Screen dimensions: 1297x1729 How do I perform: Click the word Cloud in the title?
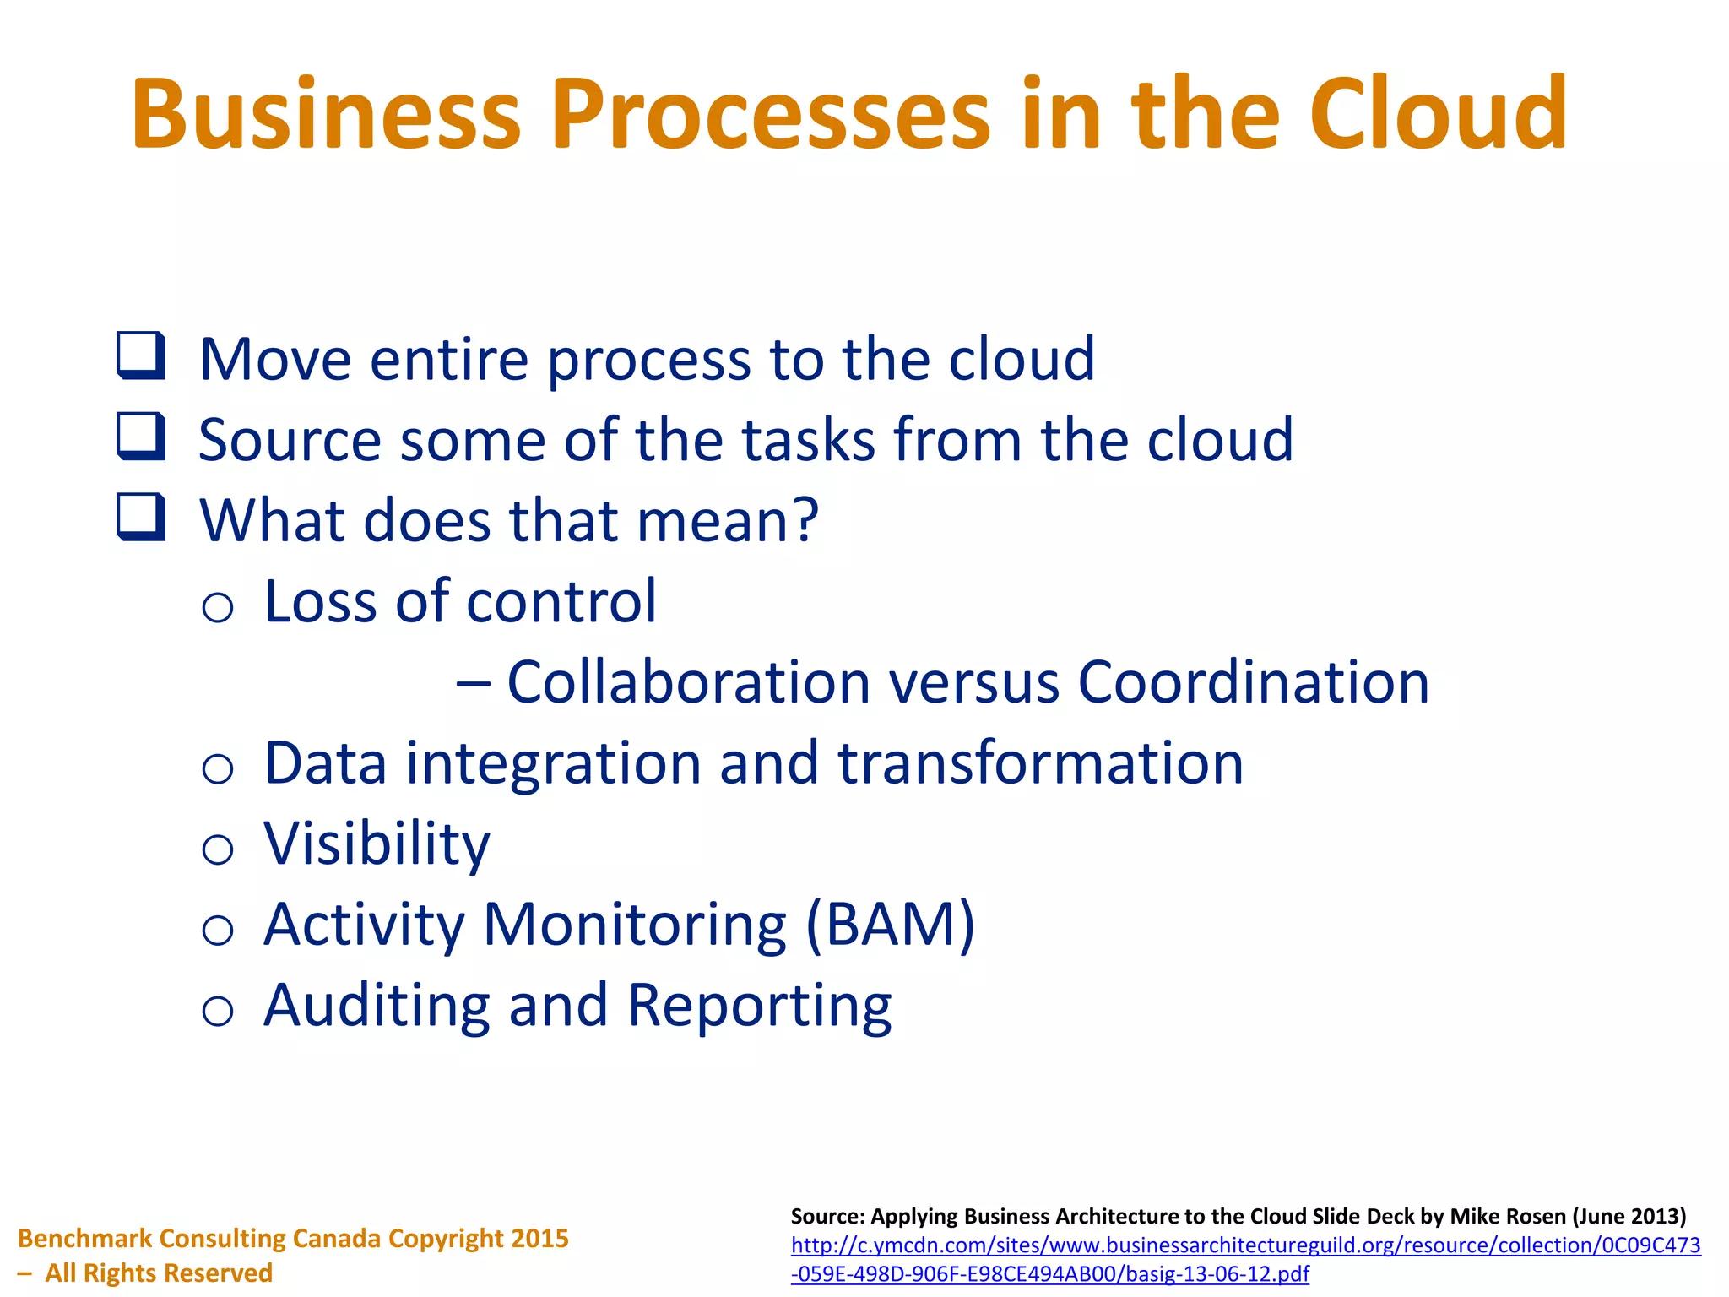click(1438, 114)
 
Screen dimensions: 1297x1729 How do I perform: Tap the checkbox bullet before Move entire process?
click(140, 355)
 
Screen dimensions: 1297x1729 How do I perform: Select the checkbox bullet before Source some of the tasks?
click(140, 436)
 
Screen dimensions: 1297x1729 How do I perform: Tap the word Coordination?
click(1253, 682)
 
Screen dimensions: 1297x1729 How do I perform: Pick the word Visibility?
click(377, 844)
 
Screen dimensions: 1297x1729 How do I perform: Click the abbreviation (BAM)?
click(891, 925)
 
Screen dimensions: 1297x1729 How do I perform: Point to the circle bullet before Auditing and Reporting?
click(218, 1011)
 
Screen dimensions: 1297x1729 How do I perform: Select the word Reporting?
click(759, 1007)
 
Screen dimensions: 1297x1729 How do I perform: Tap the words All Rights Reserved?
click(159, 1273)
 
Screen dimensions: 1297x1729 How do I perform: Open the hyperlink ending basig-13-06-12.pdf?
click(1049, 1273)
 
